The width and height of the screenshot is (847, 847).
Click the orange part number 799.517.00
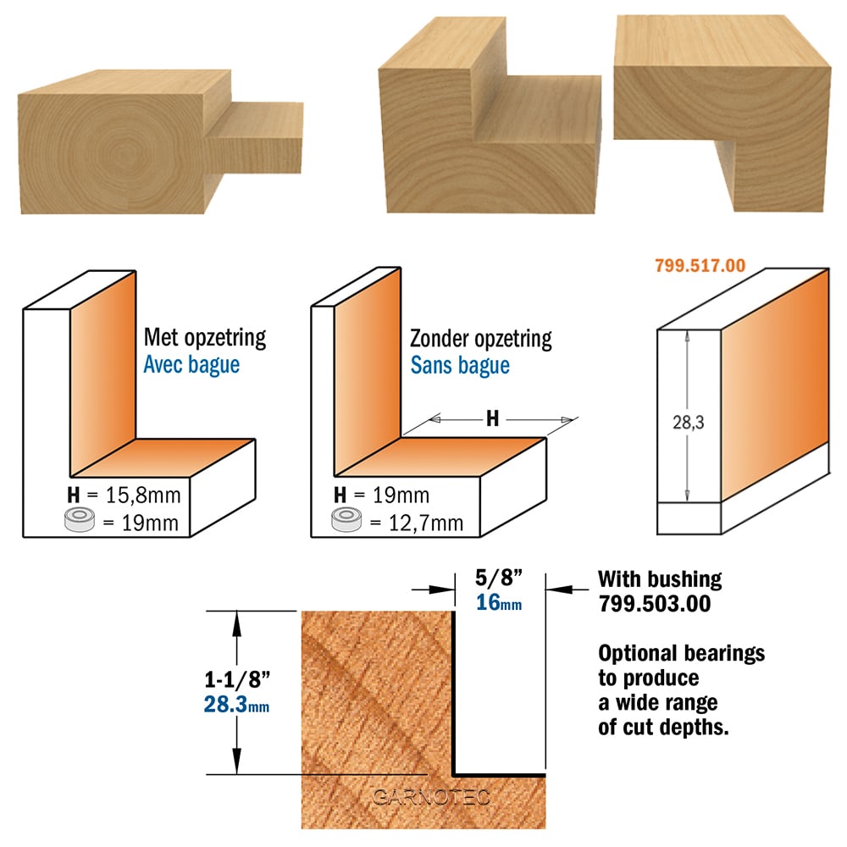[x=700, y=265]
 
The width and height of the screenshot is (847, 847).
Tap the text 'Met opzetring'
[x=205, y=339]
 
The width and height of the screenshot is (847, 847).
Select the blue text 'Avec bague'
[x=191, y=364]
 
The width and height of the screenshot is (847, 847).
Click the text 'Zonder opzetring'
[x=481, y=340]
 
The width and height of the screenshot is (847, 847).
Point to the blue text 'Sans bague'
[x=460, y=366]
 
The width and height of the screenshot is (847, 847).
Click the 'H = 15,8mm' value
[x=124, y=495]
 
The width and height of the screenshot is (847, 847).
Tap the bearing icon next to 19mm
[x=80, y=520]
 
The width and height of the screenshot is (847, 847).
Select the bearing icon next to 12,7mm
[x=346, y=519]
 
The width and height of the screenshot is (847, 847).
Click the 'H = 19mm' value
[x=381, y=495]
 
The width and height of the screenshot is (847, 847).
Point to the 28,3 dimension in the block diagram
[x=688, y=422]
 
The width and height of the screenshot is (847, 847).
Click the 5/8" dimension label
[x=499, y=578]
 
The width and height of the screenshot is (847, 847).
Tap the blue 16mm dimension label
[x=499, y=602]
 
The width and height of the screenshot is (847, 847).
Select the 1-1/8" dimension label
[x=237, y=679]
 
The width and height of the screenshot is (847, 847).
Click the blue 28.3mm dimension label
[x=236, y=705]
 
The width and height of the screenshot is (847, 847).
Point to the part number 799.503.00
[x=654, y=603]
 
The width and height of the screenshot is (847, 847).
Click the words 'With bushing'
[x=660, y=579]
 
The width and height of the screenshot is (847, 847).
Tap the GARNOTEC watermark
[x=431, y=797]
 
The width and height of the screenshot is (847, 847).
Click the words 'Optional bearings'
[x=681, y=654]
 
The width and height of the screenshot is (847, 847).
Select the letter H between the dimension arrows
[x=492, y=418]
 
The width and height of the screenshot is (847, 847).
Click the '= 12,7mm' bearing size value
[x=416, y=523]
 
